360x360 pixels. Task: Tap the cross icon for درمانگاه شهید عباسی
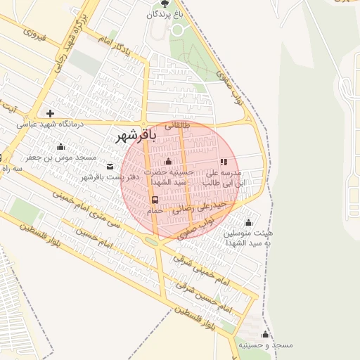pos(50,112)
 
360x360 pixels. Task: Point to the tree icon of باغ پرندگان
pos(165,4)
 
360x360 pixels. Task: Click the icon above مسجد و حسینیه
pos(265,334)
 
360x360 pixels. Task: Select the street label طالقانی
pos(177,127)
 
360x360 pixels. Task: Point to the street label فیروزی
pos(34,33)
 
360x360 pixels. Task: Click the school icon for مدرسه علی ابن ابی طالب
pos(224,162)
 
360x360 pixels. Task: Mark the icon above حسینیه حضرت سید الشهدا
pos(167,162)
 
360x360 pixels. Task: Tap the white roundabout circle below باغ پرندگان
pos(177,30)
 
